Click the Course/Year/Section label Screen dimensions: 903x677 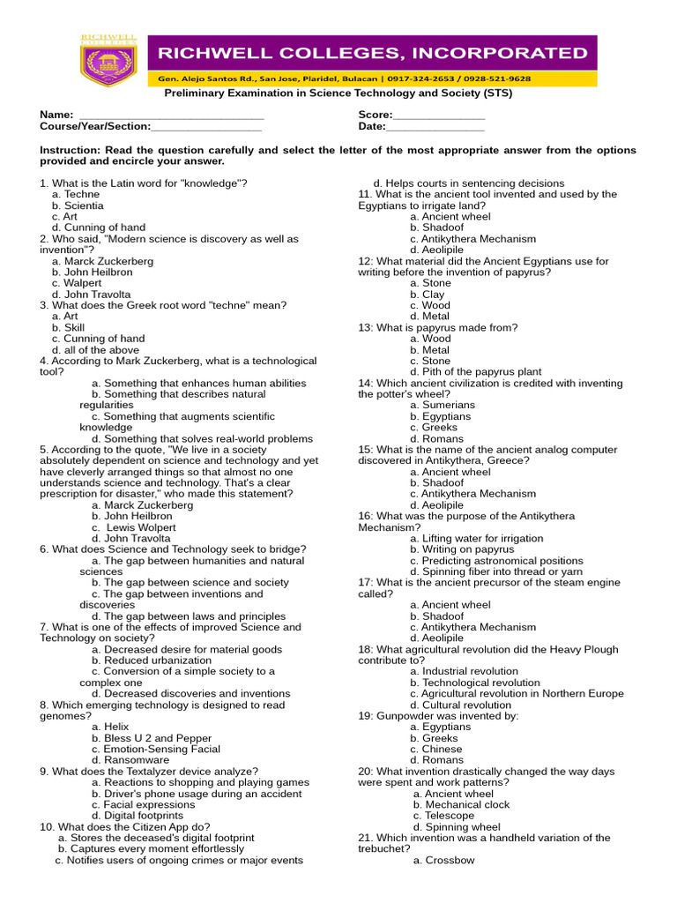[95, 127]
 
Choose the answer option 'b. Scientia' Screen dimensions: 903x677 [78, 205]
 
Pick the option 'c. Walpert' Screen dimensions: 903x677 [77, 283]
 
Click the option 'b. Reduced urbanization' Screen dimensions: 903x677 [156, 660]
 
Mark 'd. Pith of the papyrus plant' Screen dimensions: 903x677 [476, 372]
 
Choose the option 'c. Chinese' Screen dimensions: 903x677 [435, 749]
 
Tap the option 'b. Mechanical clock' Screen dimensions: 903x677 [461, 804]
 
